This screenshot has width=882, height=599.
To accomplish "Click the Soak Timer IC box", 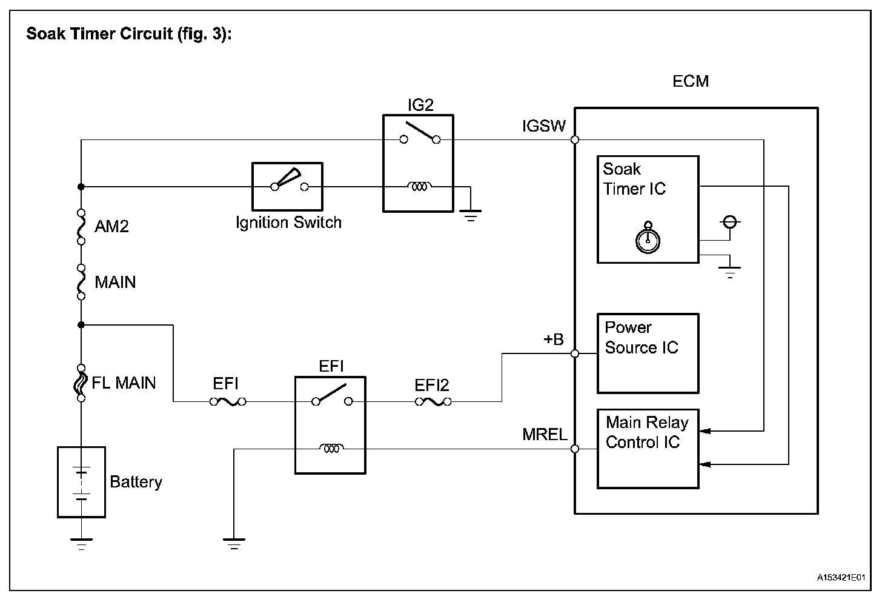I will click(648, 209).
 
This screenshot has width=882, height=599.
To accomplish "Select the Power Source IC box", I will click(648, 353).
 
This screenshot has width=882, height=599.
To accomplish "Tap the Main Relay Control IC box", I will click(648, 449).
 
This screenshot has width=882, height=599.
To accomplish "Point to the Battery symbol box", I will click(81, 482).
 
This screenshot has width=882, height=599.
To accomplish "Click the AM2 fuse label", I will click(112, 227).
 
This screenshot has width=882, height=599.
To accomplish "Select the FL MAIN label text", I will click(124, 383).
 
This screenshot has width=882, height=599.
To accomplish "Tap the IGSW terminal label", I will click(543, 126).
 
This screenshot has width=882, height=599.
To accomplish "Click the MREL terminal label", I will click(545, 434).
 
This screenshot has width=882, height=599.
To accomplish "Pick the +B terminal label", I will click(553, 340).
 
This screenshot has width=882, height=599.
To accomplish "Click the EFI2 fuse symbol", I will click(433, 401).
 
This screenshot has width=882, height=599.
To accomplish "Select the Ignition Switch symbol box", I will click(287, 186).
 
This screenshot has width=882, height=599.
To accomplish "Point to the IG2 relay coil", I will click(419, 187).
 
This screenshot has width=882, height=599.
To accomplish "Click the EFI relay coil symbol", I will click(331, 449).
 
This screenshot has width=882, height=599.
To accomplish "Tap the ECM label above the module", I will click(691, 81).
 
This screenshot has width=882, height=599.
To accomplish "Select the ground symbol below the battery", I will click(81, 543).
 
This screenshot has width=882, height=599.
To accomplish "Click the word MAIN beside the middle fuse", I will click(115, 283).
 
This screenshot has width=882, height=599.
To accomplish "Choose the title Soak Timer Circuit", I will click(129, 34).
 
